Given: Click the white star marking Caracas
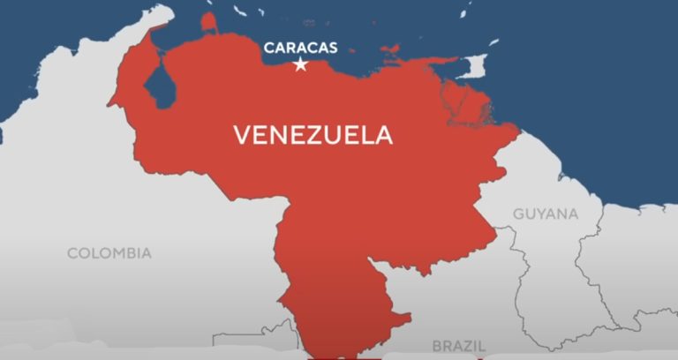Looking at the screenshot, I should pos(300,64).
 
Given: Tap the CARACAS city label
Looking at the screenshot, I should pos(300,47).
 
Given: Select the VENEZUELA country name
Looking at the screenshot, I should pos(313,135).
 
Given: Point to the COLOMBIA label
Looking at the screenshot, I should pos(109,253).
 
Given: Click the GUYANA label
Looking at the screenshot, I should pos(546,214).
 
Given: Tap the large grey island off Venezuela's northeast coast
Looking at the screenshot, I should pos(474,65).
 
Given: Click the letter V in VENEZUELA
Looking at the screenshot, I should pos(241,135).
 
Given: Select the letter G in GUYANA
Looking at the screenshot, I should pos(519,214).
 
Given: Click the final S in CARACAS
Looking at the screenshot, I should pos(332,47).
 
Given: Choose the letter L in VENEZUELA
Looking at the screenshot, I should pos(364,135).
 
